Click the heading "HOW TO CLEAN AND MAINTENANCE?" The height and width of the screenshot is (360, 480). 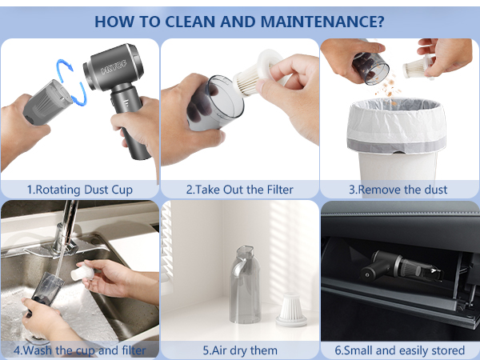[240, 20]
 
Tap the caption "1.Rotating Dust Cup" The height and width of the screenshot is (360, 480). [80, 190]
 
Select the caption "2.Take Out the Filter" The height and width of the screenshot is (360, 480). [239, 190]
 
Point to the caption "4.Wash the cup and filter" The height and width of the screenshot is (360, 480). [80, 350]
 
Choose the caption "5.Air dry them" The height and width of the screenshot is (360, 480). [239, 350]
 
